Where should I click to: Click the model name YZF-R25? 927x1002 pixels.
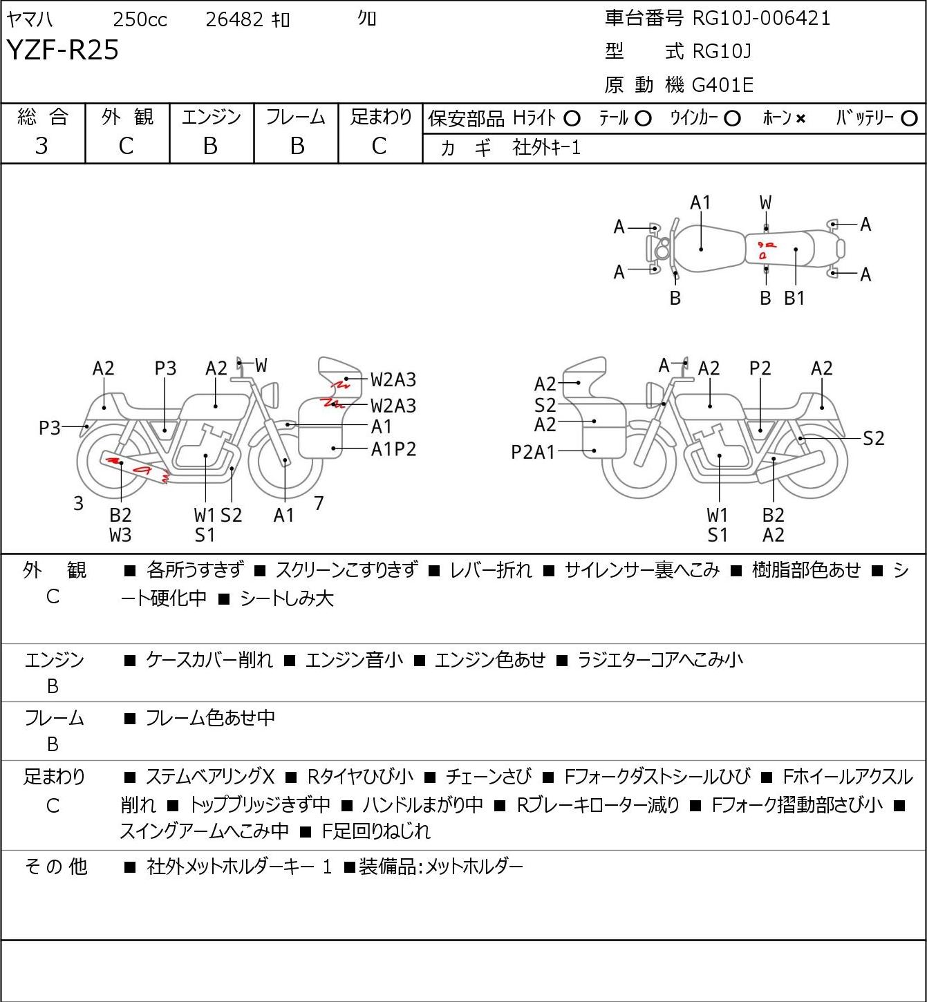(62, 50)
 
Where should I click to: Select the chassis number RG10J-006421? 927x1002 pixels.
(761, 18)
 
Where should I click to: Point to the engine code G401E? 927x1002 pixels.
(722, 85)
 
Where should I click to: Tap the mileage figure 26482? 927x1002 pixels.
(234, 20)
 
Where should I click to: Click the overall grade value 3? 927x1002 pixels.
(41, 146)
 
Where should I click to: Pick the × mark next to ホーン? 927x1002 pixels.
(800, 119)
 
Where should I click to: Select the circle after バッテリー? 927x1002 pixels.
(910, 119)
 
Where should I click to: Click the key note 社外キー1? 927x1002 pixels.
(546, 147)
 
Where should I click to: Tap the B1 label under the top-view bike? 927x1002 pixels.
(794, 299)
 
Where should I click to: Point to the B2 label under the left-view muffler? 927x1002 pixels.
(120, 515)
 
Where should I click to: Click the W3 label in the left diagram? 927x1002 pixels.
(120, 535)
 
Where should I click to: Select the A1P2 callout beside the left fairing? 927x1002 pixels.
(393, 450)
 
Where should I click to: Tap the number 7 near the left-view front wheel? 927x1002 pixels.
(319, 503)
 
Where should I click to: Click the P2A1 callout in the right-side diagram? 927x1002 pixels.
(533, 452)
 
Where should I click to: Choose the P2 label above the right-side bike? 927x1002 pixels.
(760, 368)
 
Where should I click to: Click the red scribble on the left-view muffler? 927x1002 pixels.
(142, 469)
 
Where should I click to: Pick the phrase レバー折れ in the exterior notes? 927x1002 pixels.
(490, 570)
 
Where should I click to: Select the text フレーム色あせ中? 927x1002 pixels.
(210, 719)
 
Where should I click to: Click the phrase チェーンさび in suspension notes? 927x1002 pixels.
(488, 777)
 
